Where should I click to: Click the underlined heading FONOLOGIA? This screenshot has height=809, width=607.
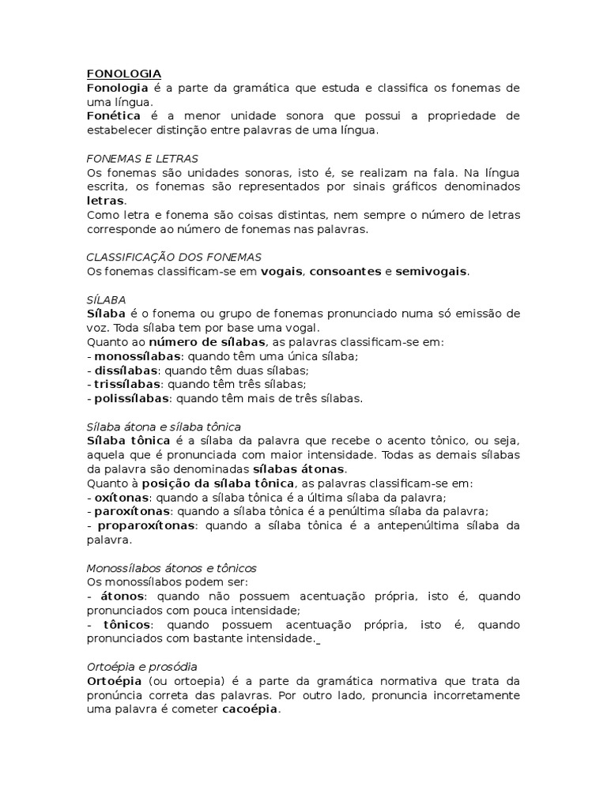click(x=123, y=73)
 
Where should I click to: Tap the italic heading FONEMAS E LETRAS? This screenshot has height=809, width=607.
click(x=142, y=159)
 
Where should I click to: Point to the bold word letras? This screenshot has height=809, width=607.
click(x=105, y=201)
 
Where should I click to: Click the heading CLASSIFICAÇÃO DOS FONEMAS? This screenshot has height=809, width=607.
click(x=173, y=258)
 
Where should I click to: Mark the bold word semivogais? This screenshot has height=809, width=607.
click(x=432, y=272)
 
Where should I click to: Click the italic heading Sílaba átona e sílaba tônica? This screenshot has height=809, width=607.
click(x=164, y=427)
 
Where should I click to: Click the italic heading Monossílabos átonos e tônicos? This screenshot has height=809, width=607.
click(x=172, y=568)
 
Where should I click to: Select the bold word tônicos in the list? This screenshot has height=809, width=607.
click(x=126, y=625)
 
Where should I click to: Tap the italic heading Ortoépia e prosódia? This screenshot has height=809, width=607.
click(x=141, y=667)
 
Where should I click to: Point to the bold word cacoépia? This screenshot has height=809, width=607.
click(x=250, y=709)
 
